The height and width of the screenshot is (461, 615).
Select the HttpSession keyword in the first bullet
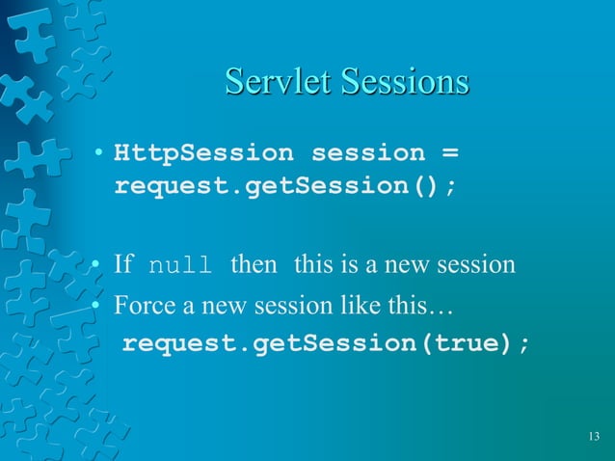[x=203, y=153]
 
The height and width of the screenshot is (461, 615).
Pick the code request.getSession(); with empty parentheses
[x=285, y=184]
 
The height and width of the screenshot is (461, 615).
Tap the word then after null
[x=254, y=264]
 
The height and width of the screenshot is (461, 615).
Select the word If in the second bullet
[x=123, y=264]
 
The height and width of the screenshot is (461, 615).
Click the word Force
[x=139, y=309]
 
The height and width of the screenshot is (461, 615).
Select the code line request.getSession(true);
[x=326, y=344]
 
